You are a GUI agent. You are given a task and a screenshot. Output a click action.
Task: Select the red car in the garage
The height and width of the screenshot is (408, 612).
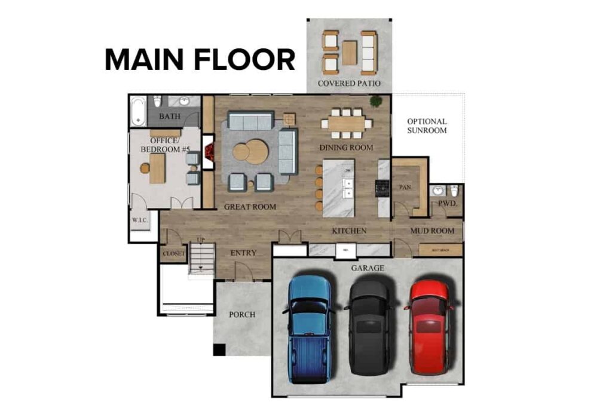click(429, 326)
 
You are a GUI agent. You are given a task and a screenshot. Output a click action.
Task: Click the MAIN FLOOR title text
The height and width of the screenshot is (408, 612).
click(200, 60)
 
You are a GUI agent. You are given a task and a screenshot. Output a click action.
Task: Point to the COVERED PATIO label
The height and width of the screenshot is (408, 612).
click(349, 83)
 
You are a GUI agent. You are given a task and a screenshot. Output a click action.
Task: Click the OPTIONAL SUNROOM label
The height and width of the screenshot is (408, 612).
click(427, 125)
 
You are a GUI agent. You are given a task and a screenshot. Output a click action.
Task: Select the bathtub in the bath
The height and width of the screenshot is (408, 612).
click(137, 112)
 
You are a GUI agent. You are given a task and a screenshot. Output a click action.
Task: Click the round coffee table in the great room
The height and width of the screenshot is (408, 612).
click(250, 151)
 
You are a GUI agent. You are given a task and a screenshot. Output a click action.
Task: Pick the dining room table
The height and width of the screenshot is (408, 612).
click(346, 124)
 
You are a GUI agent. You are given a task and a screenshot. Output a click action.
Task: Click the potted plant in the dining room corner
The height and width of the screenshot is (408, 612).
click(376, 101)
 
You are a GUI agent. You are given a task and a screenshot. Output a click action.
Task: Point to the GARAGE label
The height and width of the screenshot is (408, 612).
click(368, 268)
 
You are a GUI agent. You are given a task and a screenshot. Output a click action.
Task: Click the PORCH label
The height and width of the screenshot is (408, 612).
click(242, 314)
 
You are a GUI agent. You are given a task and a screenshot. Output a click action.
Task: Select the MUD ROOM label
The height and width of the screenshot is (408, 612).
click(432, 231)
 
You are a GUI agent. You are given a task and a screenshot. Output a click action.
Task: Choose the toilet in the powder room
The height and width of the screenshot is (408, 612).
click(454, 191)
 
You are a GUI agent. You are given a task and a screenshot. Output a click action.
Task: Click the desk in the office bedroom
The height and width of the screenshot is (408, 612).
click(157, 168)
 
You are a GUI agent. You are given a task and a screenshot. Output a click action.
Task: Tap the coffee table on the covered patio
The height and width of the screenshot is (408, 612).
click(349, 53)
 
